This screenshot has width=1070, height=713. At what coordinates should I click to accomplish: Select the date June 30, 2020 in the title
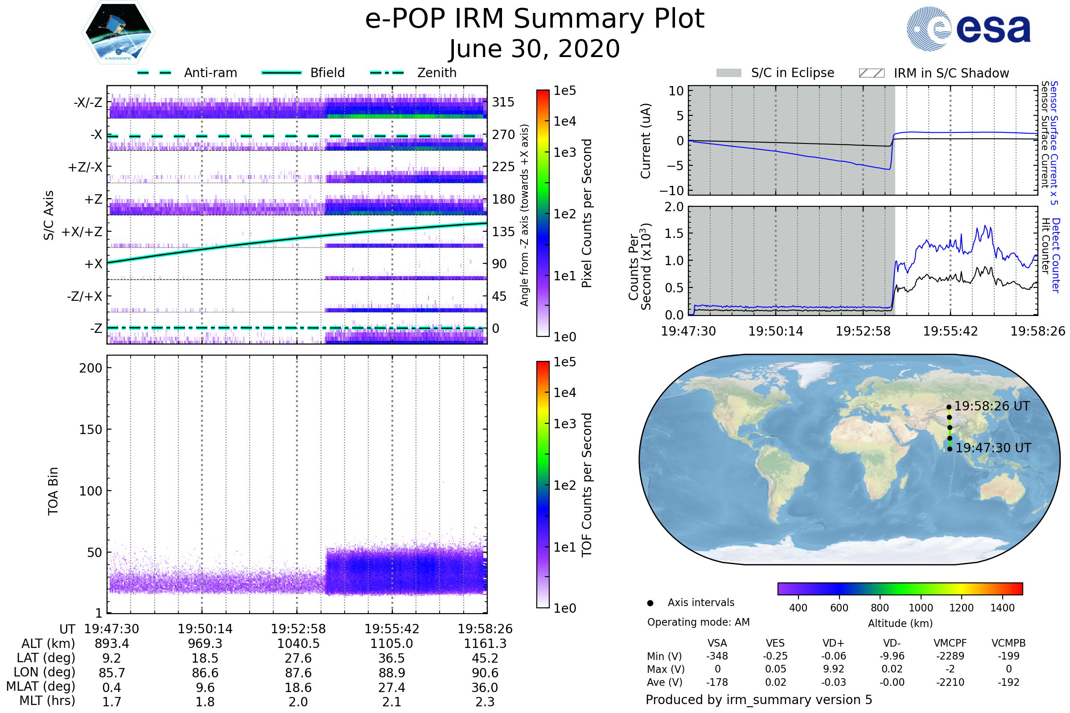[x=534, y=49]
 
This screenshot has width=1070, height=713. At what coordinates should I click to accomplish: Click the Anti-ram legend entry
[x=210, y=73]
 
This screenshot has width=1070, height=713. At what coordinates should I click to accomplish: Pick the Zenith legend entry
[x=437, y=73]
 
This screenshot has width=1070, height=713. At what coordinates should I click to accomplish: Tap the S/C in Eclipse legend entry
[x=792, y=73]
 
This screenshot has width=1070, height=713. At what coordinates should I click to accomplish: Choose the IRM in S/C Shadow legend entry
[x=951, y=73]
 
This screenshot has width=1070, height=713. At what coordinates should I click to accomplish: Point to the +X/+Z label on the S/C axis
[x=82, y=232]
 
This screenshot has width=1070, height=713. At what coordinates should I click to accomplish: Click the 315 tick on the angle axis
[x=503, y=102]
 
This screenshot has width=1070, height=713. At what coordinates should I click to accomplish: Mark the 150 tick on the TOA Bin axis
[x=91, y=430]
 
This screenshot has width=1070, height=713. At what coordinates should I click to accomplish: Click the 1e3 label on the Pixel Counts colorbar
[x=564, y=153]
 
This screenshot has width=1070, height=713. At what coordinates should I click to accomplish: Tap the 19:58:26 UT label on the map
[x=992, y=406]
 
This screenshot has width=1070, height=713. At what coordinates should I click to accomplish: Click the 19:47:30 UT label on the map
[x=993, y=448]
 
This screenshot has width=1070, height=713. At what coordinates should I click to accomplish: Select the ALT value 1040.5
[x=298, y=644]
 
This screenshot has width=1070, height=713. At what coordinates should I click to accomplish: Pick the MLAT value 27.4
[x=391, y=688]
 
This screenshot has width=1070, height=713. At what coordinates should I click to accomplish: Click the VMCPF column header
[x=950, y=643]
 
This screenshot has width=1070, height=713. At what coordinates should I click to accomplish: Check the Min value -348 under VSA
[x=717, y=656]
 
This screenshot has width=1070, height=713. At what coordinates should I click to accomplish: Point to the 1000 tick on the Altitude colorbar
[x=921, y=608]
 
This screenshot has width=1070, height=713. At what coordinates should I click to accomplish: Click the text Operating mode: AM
[x=698, y=622]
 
